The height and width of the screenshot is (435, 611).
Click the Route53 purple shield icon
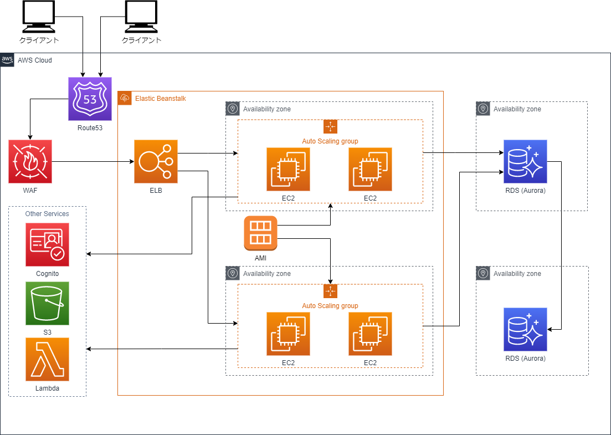click(x=90, y=99)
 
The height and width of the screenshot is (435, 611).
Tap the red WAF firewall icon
click(x=30, y=161)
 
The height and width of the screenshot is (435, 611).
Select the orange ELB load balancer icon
click(x=156, y=161)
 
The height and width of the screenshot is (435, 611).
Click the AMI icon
click(x=260, y=233)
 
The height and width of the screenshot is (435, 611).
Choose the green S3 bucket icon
click(x=47, y=303)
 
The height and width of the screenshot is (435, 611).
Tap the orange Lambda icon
click(x=47, y=359)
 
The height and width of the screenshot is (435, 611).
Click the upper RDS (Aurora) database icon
click(x=525, y=161)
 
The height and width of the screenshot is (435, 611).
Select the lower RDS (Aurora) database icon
click(x=525, y=329)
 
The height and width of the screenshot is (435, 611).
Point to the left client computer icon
click(x=39, y=17)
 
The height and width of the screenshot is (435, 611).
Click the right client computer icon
click(x=141, y=17)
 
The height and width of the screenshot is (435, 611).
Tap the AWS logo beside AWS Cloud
click(x=7, y=59)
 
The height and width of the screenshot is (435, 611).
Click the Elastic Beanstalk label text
click(x=161, y=99)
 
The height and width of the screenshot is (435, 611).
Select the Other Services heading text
click(x=47, y=213)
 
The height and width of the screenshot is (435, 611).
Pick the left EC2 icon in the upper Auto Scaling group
click(x=287, y=169)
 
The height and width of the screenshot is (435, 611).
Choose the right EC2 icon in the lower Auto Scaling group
click(x=370, y=334)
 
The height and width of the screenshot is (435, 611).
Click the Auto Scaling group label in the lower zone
click(x=330, y=305)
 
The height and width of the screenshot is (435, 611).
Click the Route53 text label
click(x=90, y=127)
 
